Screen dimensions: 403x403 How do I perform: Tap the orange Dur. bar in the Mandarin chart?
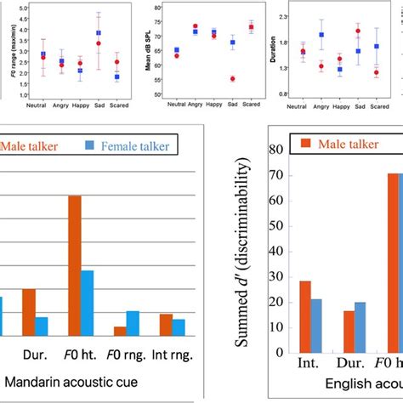pyautogui.click(x=29, y=313)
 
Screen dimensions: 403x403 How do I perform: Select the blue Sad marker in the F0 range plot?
pyautogui.click(x=99, y=33)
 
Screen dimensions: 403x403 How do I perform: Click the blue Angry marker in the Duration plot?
pyautogui.click(x=321, y=35)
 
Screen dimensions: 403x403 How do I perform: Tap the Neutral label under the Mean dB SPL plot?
pyautogui.click(x=176, y=104)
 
